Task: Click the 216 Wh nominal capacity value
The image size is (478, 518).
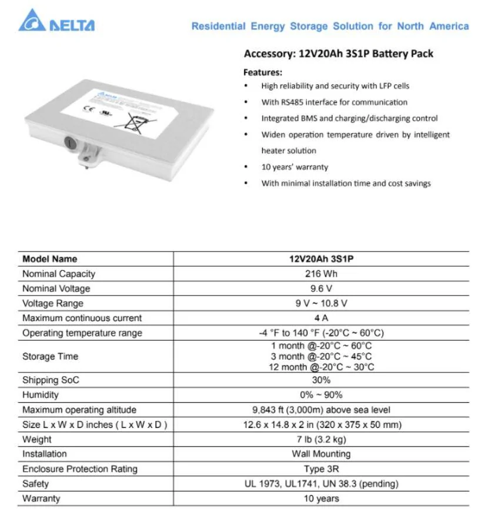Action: pyautogui.click(x=322, y=274)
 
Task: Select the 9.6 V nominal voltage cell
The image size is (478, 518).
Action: pyautogui.click(x=322, y=288)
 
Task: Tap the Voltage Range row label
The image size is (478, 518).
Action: pyautogui.click(x=53, y=303)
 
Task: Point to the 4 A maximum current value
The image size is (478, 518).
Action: pyautogui.click(x=322, y=318)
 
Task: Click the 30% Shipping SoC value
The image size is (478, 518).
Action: pyautogui.click(x=322, y=380)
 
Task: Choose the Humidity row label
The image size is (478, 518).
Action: pyautogui.click(x=41, y=395)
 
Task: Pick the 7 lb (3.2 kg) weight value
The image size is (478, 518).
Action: pyautogui.click(x=322, y=439)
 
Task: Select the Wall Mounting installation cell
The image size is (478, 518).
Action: pyautogui.click(x=322, y=454)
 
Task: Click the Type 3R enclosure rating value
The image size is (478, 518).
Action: pyautogui.click(x=322, y=469)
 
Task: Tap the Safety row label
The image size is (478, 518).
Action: pyautogui.click(x=36, y=484)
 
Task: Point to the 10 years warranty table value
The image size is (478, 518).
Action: pyautogui.click(x=322, y=499)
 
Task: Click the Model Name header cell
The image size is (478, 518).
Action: pyautogui.click(x=50, y=259)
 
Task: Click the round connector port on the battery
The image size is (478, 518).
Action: pyautogui.click(x=69, y=142)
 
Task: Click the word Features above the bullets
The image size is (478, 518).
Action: pyautogui.click(x=263, y=72)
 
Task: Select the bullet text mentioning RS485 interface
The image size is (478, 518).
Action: pyautogui.click(x=335, y=102)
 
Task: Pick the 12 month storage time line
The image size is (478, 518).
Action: pyautogui.click(x=322, y=367)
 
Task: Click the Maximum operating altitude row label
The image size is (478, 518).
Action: pyautogui.click(x=79, y=410)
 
